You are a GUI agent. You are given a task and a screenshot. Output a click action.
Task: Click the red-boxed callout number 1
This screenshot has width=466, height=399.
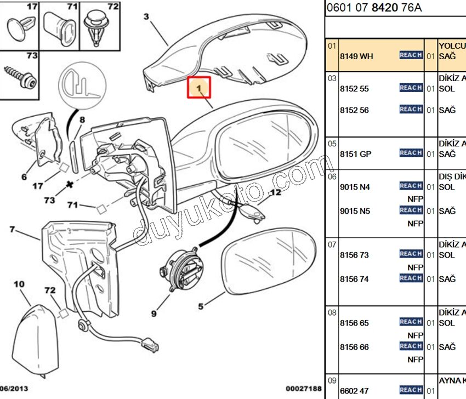200,87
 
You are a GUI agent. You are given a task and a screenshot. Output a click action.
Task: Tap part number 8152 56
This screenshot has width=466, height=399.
354,110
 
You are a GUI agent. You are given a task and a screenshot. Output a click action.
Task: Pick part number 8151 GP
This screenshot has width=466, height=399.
355,154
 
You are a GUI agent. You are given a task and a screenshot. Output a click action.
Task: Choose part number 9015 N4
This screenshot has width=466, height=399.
355,187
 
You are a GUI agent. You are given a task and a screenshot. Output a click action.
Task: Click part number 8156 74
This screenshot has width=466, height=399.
354,279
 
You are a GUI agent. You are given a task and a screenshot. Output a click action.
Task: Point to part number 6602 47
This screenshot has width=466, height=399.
354,391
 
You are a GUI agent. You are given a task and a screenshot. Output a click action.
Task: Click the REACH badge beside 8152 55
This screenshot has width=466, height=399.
411,88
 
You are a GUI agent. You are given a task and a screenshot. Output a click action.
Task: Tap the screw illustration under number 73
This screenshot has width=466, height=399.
20,77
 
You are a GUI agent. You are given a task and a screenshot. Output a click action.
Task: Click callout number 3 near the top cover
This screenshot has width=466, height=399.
146,16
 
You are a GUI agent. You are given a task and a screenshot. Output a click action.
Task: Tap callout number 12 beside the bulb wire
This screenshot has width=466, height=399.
275,192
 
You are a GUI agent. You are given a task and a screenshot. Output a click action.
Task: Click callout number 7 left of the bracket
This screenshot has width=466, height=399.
12,229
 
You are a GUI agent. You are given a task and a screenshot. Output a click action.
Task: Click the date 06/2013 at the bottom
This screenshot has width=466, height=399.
14,389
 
